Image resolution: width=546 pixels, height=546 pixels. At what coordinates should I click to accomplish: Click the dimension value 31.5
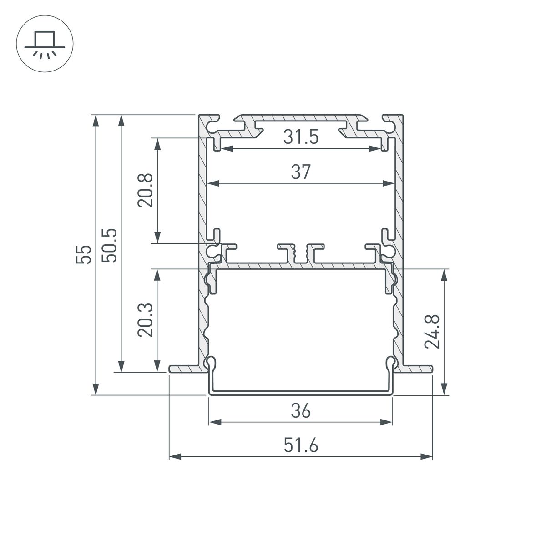point(300,137)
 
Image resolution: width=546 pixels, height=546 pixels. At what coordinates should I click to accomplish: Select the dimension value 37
point(300,172)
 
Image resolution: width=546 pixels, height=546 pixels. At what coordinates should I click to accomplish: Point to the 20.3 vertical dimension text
point(146,321)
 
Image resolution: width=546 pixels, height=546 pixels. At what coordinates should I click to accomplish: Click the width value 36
point(300,411)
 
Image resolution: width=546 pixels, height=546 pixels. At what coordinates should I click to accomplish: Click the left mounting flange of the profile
point(183,369)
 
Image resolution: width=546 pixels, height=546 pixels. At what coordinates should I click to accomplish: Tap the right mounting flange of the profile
point(417,369)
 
